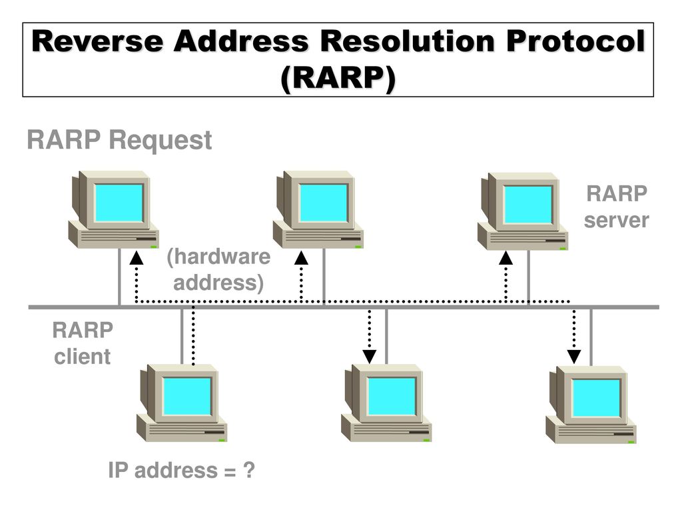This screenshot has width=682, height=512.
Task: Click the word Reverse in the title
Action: pyautogui.click(x=97, y=41)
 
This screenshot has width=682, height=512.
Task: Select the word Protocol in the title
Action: pyautogui.click(x=576, y=41)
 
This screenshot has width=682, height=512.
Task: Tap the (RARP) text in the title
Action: pyautogui.click(x=338, y=79)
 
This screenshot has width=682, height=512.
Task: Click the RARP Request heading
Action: pyautogui.click(x=119, y=140)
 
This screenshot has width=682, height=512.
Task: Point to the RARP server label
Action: pyautogui.click(x=616, y=207)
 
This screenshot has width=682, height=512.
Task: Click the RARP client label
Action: pyautogui.click(x=82, y=343)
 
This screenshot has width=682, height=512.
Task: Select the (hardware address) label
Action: pyautogui.click(x=218, y=270)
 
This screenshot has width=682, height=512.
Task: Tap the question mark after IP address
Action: pyautogui.click(x=248, y=470)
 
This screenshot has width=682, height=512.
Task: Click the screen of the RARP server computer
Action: pyautogui.click(x=528, y=205)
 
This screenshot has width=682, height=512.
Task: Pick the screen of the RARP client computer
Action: pyautogui.click(x=187, y=396)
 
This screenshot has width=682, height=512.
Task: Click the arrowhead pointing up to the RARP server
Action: pyautogui.click(x=506, y=258)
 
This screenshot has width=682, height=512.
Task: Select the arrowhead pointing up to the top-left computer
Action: pyautogui.click(x=136, y=258)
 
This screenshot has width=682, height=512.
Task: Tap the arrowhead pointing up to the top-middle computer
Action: pyautogui.click(x=301, y=258)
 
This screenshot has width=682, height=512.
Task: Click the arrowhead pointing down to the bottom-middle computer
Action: pyautogui.click(x=369, y=357)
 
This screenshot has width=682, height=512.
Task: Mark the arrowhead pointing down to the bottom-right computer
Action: pyautogui.click(x=573, y=357)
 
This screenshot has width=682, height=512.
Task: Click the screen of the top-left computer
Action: pyautogui.click(x=119, y=203)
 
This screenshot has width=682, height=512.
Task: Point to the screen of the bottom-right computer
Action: pyautogui.click(x=596, y=398)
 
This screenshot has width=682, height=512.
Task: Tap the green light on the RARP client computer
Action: pyautogui.click(x=222, y=440)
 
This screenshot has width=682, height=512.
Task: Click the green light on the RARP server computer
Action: pyautogui.click(x=563, y=249)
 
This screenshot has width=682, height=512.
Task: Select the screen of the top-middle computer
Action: pyautogui.click(x=323, y=203)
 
